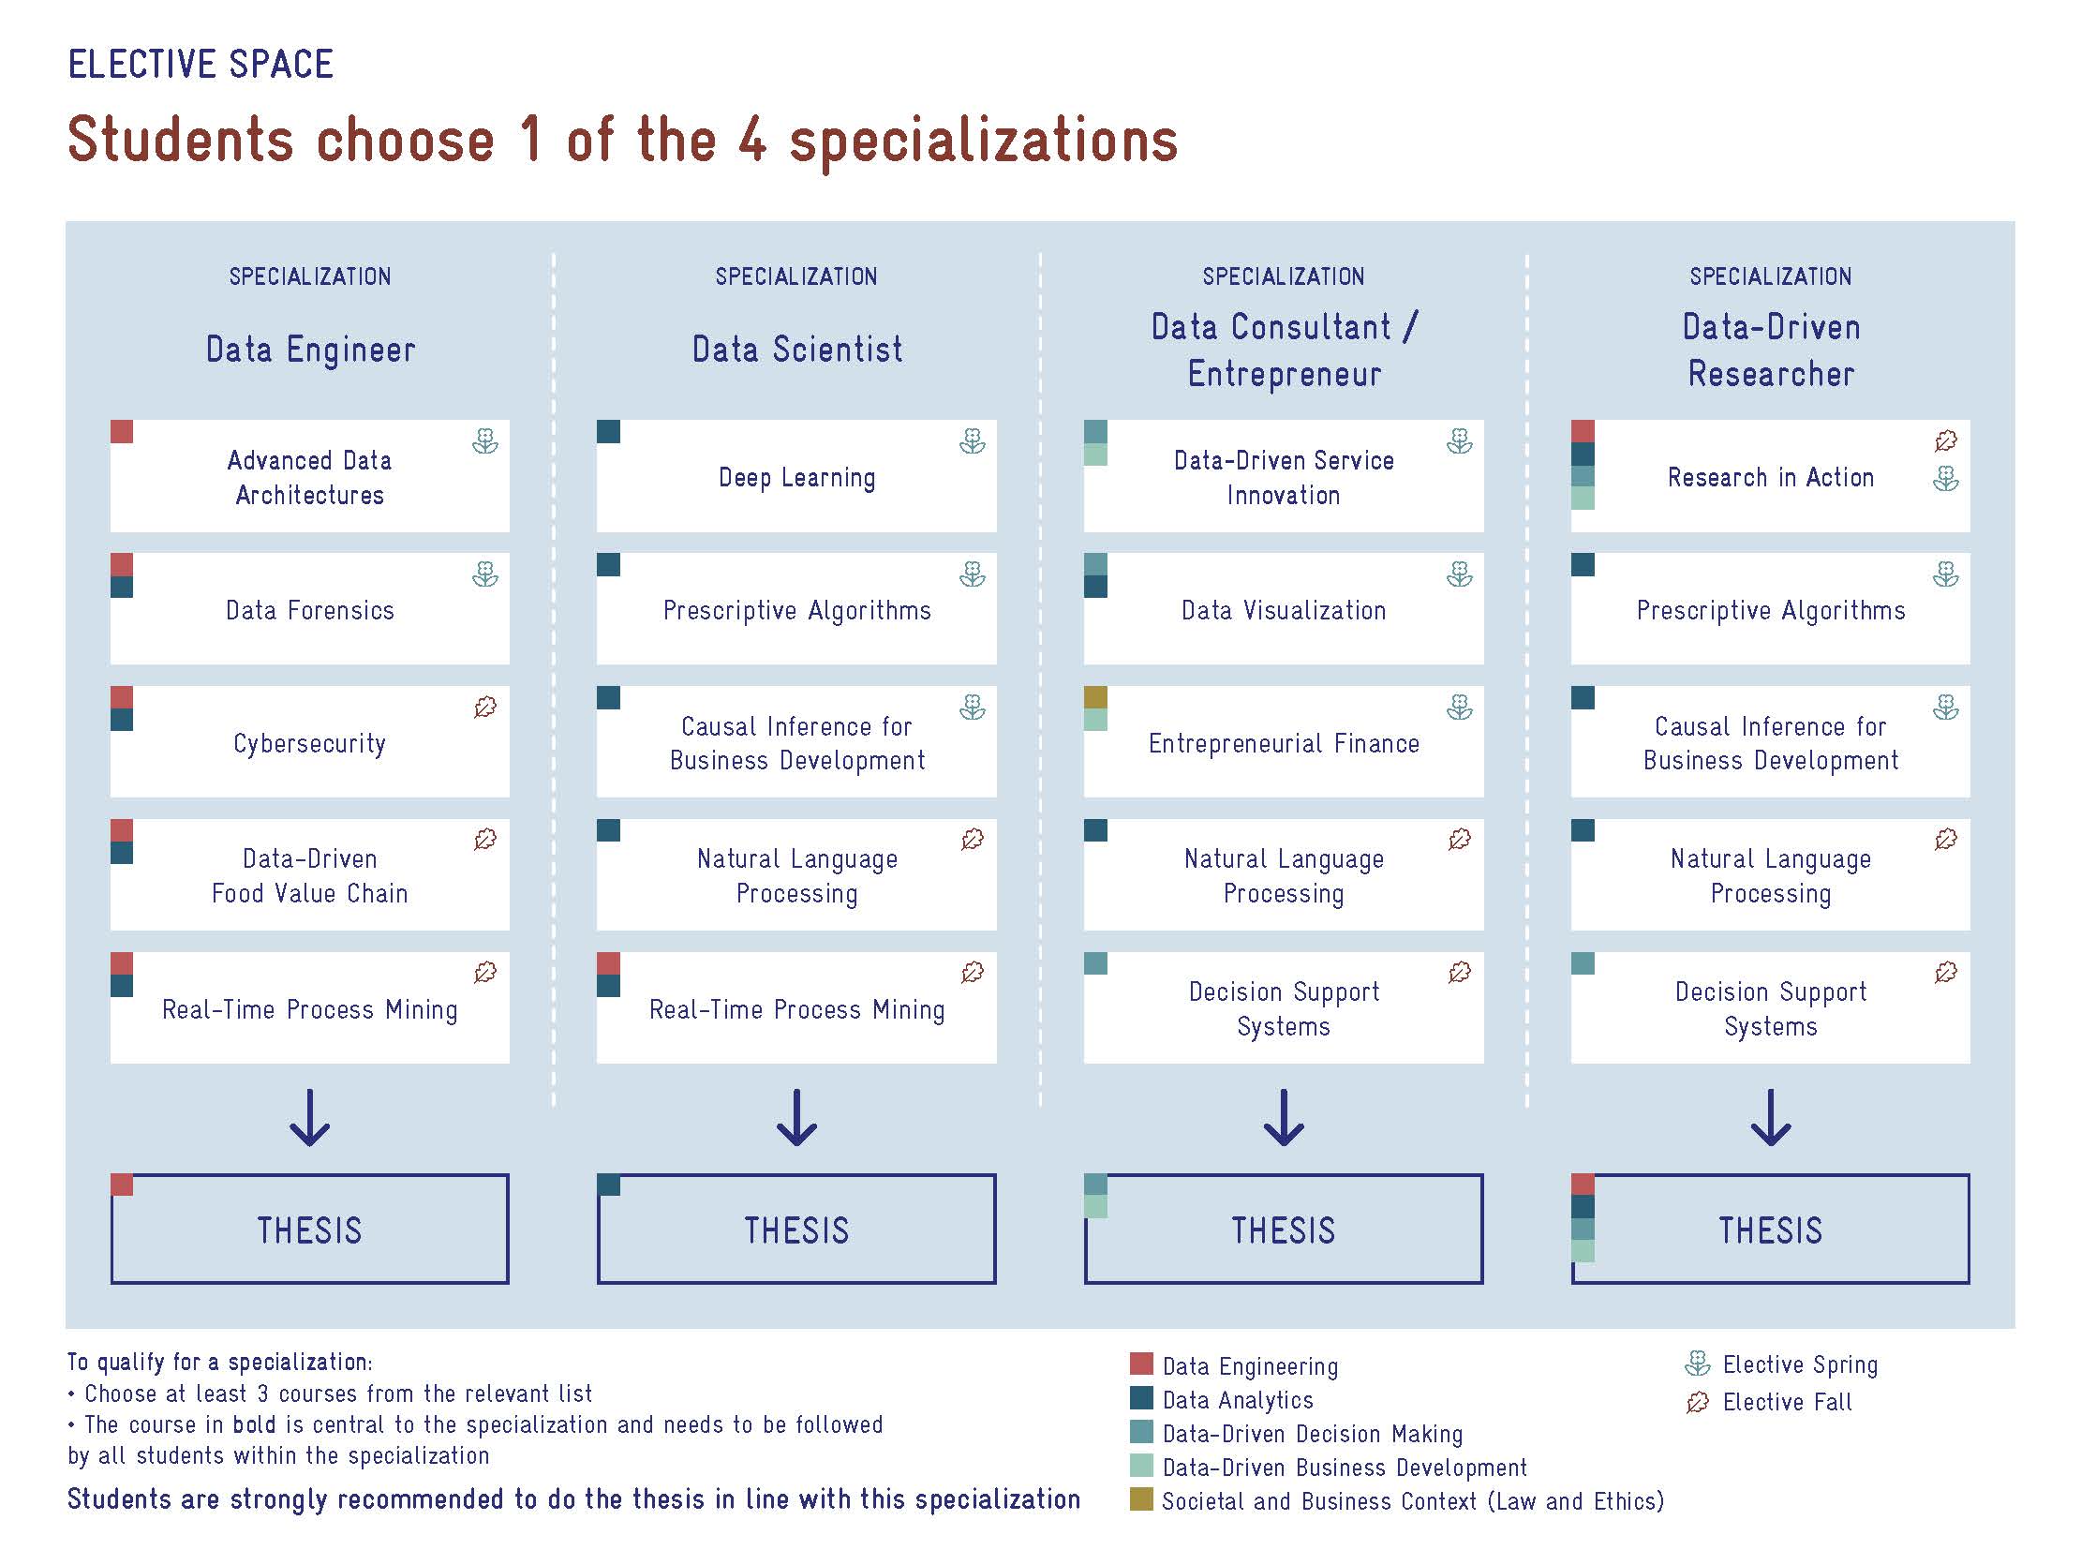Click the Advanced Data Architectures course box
click(x=309, y=476)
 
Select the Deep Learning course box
click(x=796, y=476)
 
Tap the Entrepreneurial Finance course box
click(x=1284, y=741)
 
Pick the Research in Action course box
click(x=1771, y=476)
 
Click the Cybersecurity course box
click(x=309, y=741)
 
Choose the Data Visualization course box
click(x=1284, y=608)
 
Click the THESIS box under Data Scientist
click(x=796, y=1229)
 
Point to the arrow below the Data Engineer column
click(x=309, y=1117)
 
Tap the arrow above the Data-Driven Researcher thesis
click(x=1771, y=1117)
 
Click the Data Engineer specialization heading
click(x=309, y=349)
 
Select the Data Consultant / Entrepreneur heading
click(x=1285, y=350)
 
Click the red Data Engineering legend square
click(x=1141, y=1364)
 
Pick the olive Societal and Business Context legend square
click(x=1141, y=1498)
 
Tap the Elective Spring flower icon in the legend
click(x=1697, y=1364)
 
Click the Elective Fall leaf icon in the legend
click(x=1697, y=1402)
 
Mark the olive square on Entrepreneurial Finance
click(x=1095, y=697)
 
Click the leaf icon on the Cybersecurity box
click(x=485, y=707)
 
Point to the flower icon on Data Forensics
click(x=485, y=574)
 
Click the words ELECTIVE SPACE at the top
click(x=201, y=65)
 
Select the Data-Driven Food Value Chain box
click(x=309, y=874)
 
